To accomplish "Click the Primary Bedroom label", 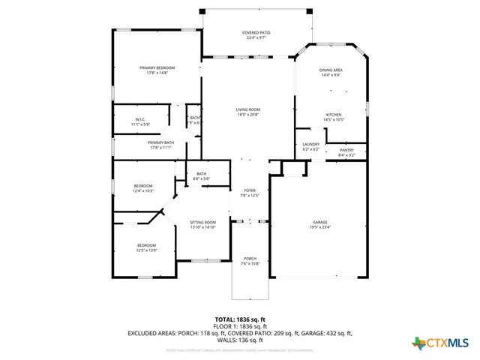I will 157,68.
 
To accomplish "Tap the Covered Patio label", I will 256,33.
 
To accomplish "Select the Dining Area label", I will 331,70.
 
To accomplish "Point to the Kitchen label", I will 333,115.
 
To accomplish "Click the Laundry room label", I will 310,144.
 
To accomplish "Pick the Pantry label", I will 346,150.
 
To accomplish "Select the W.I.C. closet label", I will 140,119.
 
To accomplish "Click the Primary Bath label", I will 160,142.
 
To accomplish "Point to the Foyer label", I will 250,190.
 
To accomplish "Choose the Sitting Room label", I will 202,222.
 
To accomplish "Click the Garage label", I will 320,222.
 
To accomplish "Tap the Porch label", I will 250,259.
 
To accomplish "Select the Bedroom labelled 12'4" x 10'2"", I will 143,186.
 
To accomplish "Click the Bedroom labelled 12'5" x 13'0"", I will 146,245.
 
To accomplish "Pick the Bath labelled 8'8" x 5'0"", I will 202,174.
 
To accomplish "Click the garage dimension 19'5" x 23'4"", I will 320,227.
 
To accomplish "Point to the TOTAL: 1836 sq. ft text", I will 239,319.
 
